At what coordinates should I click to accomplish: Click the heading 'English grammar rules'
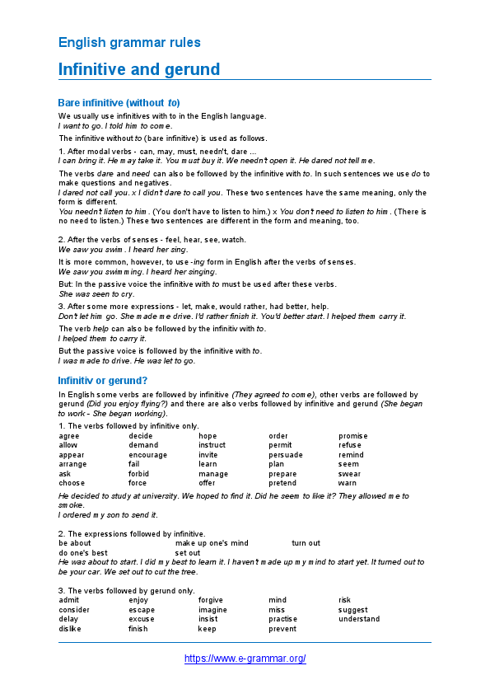[129, 42]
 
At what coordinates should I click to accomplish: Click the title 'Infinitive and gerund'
[139, 69]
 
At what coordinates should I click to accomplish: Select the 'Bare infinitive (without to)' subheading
[119, 103]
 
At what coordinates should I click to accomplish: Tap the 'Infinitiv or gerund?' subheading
[103, 381]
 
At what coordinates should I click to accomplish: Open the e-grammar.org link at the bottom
[245, 659]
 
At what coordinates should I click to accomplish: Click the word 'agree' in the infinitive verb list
[69, 436]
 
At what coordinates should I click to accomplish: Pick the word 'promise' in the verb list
[353, 436]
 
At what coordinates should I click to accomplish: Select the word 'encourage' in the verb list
[147, 455]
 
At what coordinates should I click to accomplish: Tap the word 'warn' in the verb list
[347, 483]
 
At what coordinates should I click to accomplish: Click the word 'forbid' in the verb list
[139, 474]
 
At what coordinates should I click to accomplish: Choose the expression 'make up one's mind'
[212, 543]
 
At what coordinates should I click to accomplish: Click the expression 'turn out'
[306, 543]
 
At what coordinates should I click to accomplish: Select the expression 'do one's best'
[83, 553]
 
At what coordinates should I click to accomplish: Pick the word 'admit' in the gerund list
[69, 600]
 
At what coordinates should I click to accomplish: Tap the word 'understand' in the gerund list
[359, 619]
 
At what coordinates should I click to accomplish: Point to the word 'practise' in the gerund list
[283, 619]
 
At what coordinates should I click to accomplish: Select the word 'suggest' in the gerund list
[353, 610]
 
